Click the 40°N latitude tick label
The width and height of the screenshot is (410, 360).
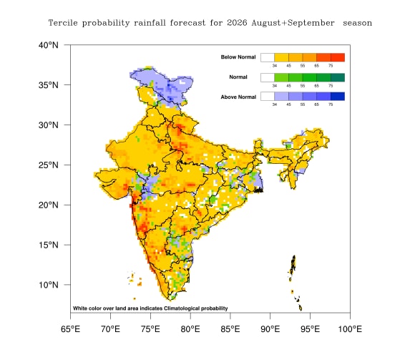point(49,45)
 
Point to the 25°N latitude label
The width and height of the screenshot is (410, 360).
point(49,165)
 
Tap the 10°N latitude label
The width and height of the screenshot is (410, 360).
point(49,285)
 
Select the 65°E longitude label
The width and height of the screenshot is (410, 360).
point(70,329)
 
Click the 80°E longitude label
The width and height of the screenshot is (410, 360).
point(190,329)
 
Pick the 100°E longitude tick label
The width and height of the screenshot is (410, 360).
point(350,329)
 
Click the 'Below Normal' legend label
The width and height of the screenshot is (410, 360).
point(238,57)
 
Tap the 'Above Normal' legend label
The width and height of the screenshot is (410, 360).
point(238,97)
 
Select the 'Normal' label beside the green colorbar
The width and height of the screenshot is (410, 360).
point(238,77)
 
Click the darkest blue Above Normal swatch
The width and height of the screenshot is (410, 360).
point(338,97)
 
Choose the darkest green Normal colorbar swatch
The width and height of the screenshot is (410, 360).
point(338,77)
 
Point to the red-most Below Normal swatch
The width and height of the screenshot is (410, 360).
point(338,57)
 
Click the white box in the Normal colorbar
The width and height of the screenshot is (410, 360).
point(268,77)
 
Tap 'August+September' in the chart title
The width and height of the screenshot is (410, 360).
point(293,24)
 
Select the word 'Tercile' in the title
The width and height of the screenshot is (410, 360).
point(63,23)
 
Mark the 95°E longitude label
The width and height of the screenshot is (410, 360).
point(310,329)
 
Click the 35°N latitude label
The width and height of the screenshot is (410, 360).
point(49,85)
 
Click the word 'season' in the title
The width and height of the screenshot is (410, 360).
point(358,24)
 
